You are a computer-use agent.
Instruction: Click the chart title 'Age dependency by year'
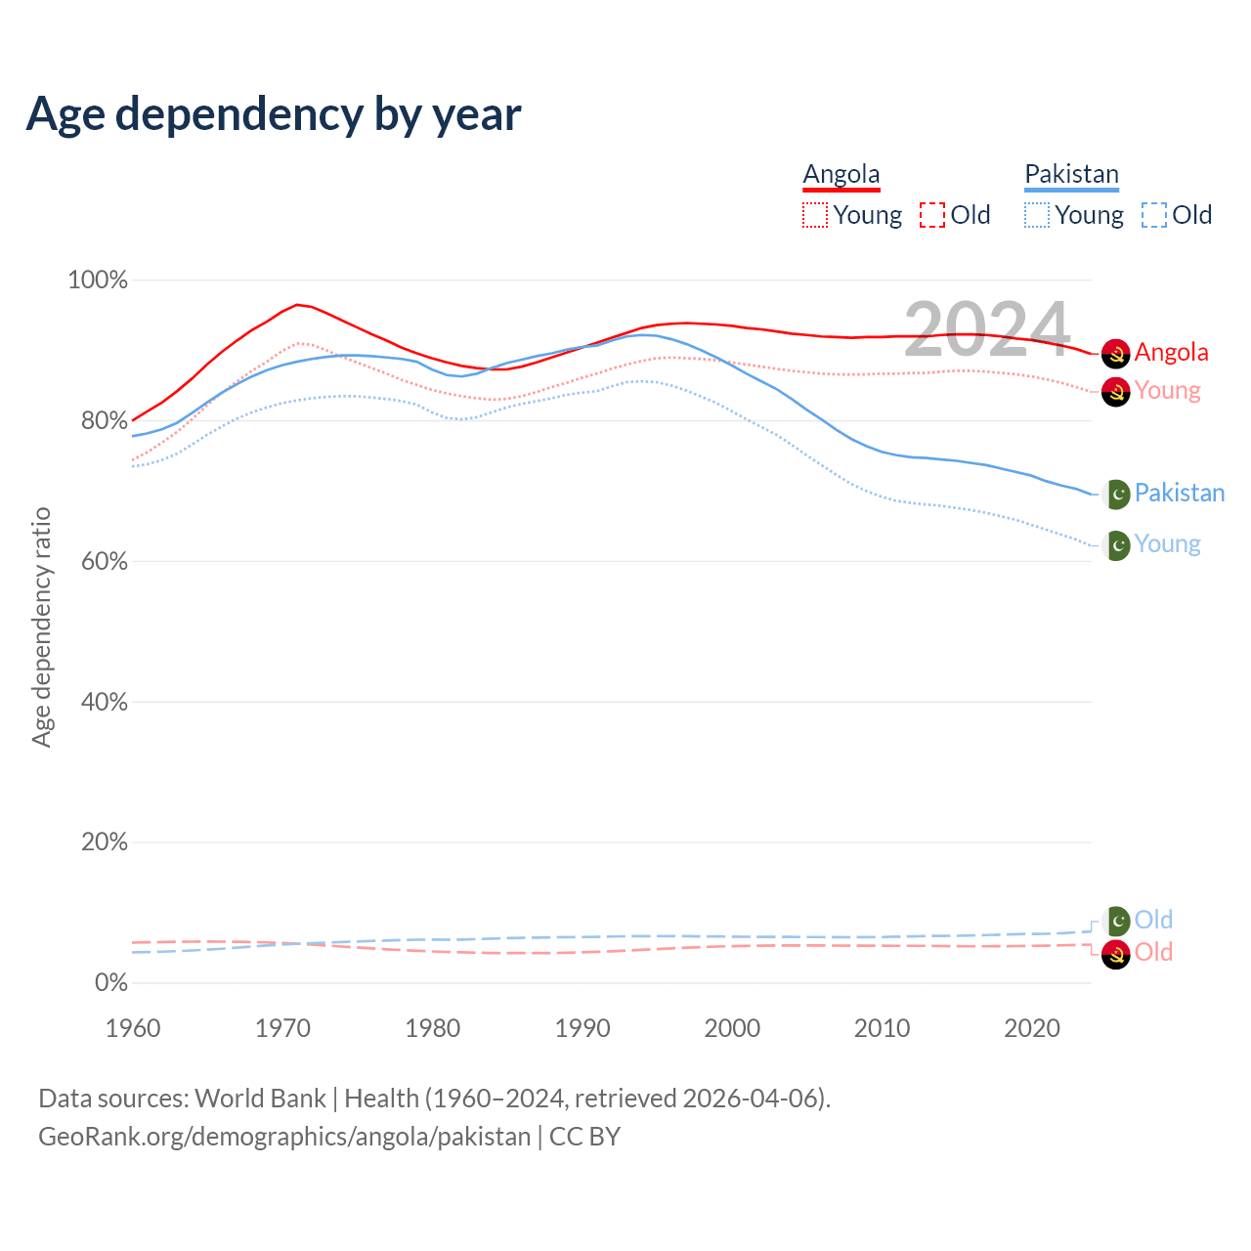tap(274, 114)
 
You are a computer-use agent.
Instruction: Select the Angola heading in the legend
tap(841, 175)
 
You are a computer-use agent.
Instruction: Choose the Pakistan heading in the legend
tap(1071, 175)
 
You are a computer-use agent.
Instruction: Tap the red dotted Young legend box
tap(814, 215)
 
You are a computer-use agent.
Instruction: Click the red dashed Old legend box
tap(931, 215)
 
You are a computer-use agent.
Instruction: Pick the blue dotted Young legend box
tap(1037, 215)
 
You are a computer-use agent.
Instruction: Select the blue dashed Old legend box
tap(1153, 215)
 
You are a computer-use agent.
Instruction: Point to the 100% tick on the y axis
tap(98, 280)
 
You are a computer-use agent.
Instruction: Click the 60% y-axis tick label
tap(104, 562)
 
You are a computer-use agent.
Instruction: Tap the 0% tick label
tap(110, 983)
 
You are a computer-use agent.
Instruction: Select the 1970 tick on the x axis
tap(282, 1028)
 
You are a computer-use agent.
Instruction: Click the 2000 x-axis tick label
tap(732, 1028)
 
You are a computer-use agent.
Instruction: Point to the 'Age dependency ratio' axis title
tap(41, 626)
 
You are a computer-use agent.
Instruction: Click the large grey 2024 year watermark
tap(986, 329)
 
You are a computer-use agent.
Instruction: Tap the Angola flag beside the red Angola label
tap(1115, 354)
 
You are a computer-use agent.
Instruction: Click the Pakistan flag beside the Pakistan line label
tap(1116, 495)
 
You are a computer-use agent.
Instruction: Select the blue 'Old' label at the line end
tap(1153, 920)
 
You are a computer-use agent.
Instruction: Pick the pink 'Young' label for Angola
tap(1167, 391)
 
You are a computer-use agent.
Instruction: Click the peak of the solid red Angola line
tap(297, 305)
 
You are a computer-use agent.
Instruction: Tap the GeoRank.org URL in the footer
tap(284, 1137)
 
